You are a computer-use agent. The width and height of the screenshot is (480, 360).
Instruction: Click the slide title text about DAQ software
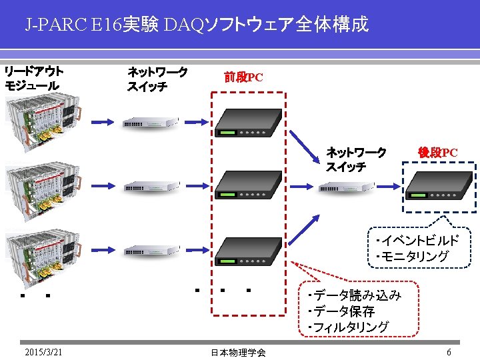(197, 25)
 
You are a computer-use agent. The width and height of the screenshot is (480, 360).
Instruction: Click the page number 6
(449, 352)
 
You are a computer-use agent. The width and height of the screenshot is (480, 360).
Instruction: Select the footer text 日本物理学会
(238, 353)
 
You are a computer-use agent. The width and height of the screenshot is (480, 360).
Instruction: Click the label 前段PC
(243, 77)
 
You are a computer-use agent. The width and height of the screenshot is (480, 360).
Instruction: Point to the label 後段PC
(437, 153)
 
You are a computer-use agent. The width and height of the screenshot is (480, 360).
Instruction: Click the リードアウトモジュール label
(33, 78)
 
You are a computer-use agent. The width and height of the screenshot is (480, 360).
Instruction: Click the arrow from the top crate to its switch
(103, 122)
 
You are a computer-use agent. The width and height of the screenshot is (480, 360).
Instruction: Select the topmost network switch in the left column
(151, 122)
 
